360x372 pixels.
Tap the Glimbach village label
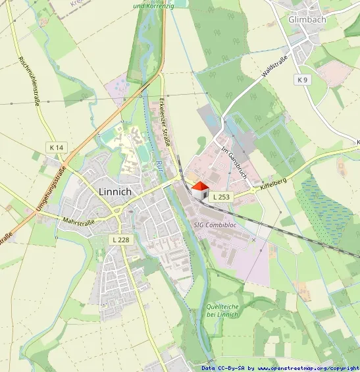coord(307,20)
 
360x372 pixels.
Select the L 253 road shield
coord(222,197)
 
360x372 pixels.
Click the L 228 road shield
coord(120,240)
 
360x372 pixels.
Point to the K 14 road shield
coord(56,147)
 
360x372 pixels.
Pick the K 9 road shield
coord(302,80)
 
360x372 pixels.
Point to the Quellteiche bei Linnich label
coord(222,310)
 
